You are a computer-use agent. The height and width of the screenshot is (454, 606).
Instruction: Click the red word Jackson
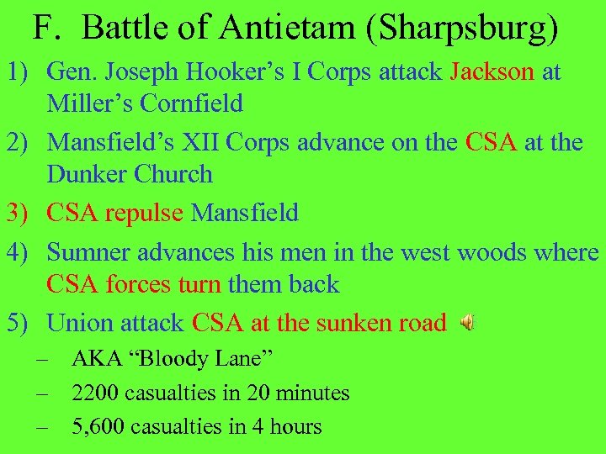click(492, 71)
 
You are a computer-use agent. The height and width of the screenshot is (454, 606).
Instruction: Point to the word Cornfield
click(188, 103)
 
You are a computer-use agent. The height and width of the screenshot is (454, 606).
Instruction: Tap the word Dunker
click(85, 174)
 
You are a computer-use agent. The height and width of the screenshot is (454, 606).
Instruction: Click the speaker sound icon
click(467, 321)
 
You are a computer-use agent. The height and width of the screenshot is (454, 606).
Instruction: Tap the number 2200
click(97, 393)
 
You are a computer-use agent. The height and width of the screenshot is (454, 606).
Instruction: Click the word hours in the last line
click(294, 426)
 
